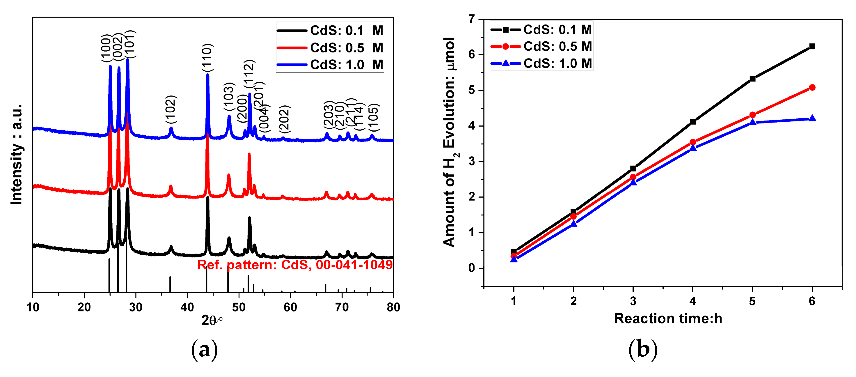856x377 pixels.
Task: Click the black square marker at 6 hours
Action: point(812,46)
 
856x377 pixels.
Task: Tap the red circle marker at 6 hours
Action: point(812,87)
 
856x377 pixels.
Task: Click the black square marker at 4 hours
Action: point(693,122)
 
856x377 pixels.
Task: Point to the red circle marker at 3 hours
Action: point(633,177)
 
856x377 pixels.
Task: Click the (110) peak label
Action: point(207,58)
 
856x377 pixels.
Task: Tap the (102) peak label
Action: point(171,109)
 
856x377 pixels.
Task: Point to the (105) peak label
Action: point(374,118)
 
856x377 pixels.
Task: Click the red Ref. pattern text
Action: point(295,265)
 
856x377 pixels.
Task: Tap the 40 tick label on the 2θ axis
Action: point(187,307)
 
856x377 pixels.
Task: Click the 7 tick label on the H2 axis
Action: point(472,19)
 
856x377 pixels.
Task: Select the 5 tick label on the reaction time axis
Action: point(752,301)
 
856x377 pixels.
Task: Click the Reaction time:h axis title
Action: point(668,318)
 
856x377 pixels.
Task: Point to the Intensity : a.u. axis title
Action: point(17,155)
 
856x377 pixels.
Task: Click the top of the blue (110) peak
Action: point(208,75)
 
